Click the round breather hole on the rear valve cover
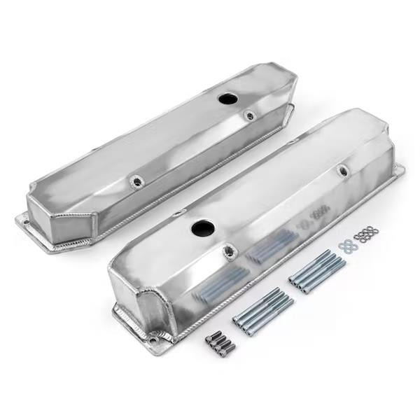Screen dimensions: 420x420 (228, 99)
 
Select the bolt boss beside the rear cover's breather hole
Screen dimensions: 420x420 (249, 115)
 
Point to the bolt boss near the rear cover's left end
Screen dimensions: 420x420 (134, 183)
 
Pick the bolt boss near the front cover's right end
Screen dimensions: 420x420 (342, 171)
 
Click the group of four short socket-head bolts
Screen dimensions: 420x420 (220, 342)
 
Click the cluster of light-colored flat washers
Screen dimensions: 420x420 (346, 245)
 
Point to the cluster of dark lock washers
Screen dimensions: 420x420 (365, 234)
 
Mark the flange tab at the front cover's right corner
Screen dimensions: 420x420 (398, 170)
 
